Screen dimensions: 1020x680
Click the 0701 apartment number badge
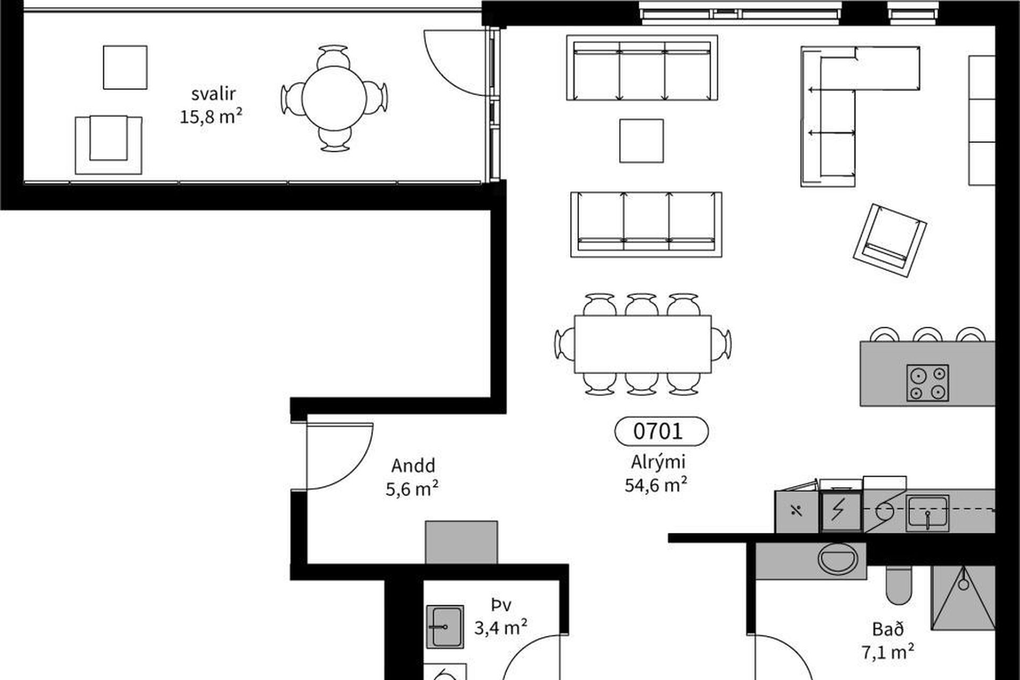(x=661, y=431)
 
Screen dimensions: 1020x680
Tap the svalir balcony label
(x=213, y=94)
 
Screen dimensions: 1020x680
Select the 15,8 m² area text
(x=211, y=116)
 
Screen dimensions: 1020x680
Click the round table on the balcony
(x=334, y=98)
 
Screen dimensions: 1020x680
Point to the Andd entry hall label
(x=413, y=465)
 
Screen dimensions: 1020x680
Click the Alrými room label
(x=658, y=462)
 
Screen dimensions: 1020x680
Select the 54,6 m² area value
(x=656, y=484)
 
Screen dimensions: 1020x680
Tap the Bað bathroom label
(x=888, y=630)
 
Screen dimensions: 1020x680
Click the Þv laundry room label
(x=501, y=605)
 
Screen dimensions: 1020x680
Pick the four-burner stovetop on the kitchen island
(x=928, y=382)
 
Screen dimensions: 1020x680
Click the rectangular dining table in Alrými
(x=643, y=344)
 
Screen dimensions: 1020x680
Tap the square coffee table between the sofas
(x=641, y=141)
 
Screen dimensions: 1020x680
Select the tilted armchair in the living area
(x=890, y=240)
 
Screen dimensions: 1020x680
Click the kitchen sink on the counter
(x=927, y=513)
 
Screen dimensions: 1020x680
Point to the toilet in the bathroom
(x=899, y=585)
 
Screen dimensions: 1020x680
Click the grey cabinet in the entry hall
(x=461, y=542)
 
